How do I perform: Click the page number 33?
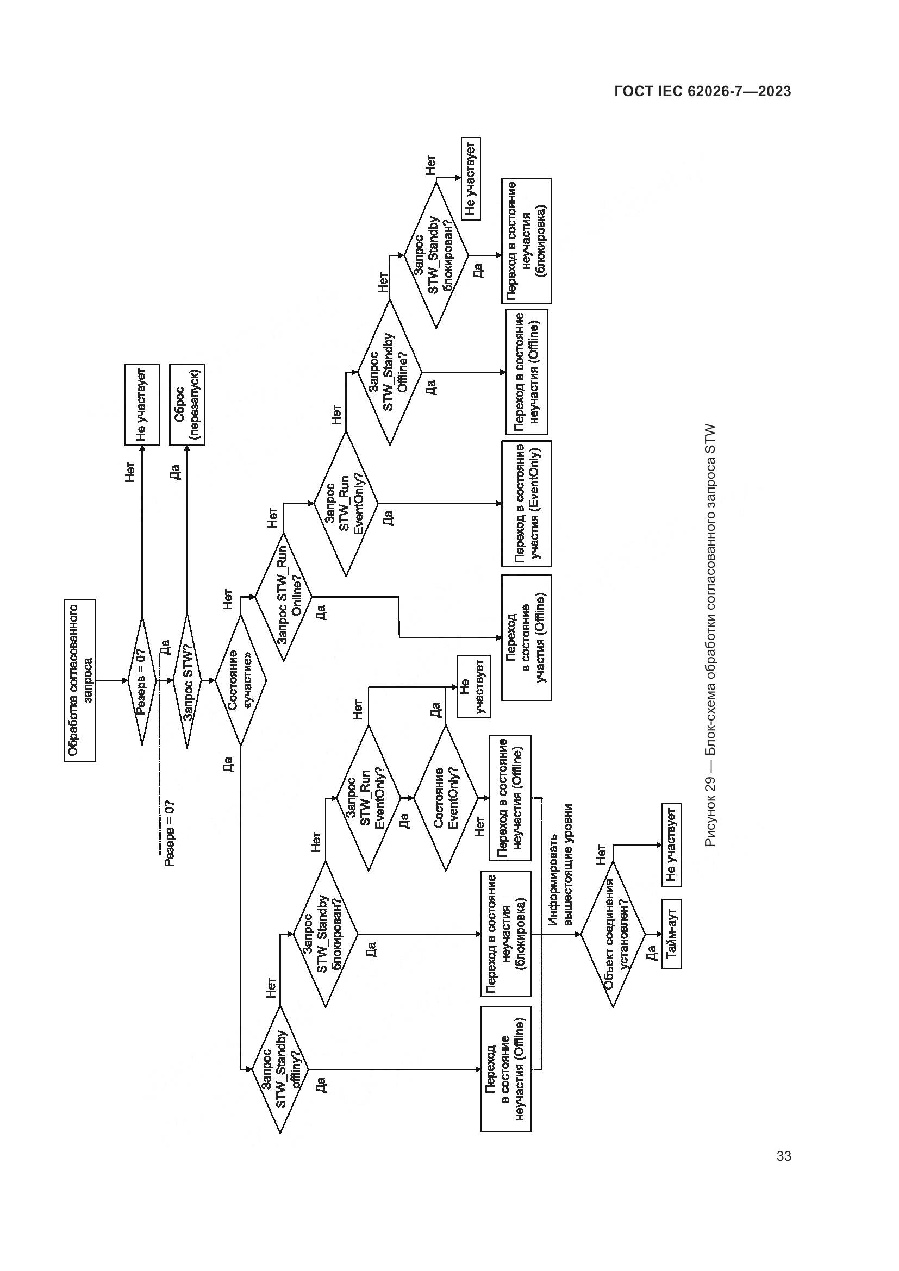(783, 1156)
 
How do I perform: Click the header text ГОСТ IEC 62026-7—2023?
(702, 91)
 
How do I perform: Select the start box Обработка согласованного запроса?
(80, 680)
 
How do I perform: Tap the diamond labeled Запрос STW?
(187, 680)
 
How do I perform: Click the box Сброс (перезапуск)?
(186, 405)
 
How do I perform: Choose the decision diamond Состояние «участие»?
(240, 680)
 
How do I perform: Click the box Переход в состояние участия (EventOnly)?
(527, 503)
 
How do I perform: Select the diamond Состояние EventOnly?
(446, 798)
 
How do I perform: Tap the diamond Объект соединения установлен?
(613, 935)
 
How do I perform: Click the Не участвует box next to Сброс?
(142, 405)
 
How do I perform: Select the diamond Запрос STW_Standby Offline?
(390, 372)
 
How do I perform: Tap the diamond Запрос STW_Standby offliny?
(280, 1069)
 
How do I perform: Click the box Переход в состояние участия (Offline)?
(527, 638)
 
